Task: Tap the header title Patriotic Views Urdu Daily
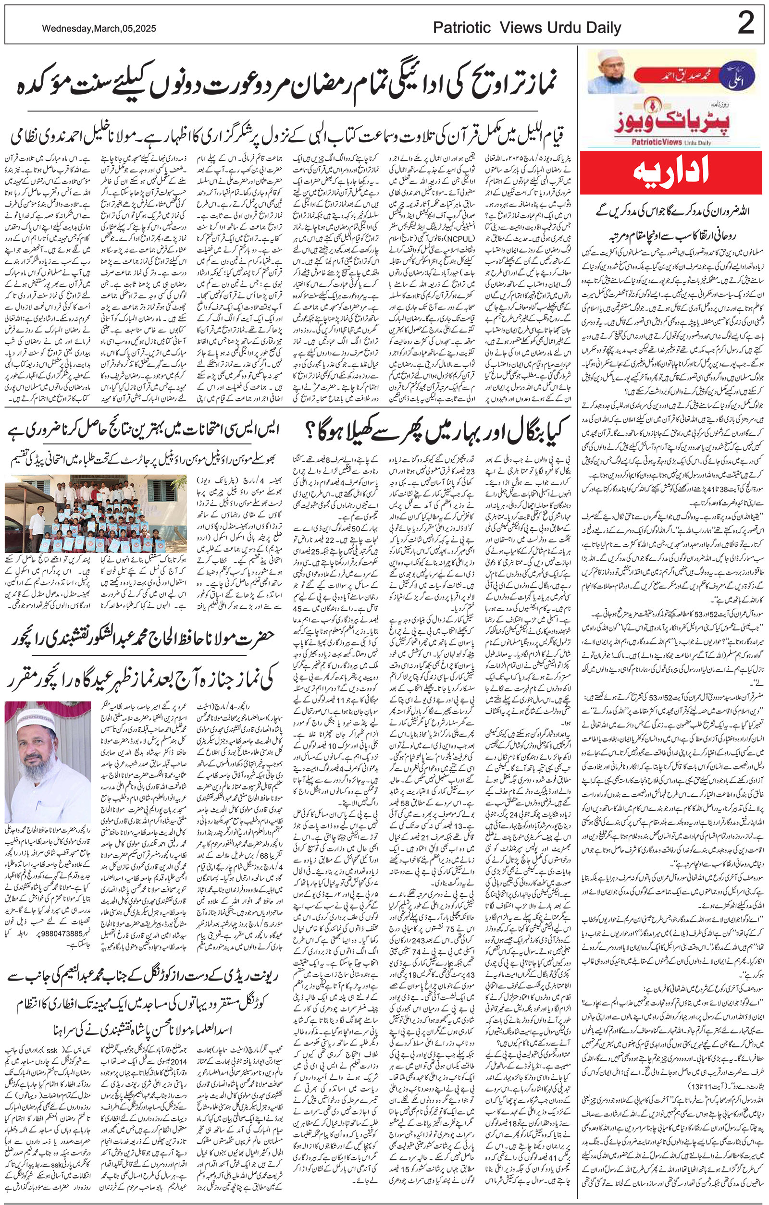point(527,28)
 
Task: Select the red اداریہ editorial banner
point(672,179)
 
